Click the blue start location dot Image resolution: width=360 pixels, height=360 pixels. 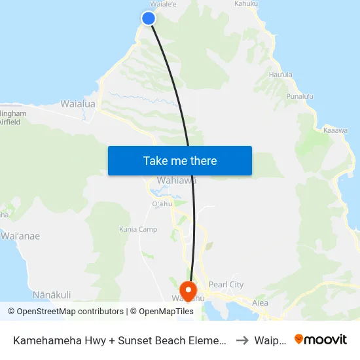[149, 18]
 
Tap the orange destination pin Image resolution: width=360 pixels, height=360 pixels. [188, 290]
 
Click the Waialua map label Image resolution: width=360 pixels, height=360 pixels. [78, 103]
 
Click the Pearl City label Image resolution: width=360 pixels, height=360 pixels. [226, 285]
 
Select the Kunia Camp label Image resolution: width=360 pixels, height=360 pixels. [138, 230]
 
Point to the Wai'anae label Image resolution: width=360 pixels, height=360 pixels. [20, 236]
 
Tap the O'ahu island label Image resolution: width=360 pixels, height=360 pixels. [161, 204]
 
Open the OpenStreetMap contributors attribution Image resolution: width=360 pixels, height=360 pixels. [65, 312]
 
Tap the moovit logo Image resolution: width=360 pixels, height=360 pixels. [320, 339]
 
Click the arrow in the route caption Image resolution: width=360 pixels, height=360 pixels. [242, 340]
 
